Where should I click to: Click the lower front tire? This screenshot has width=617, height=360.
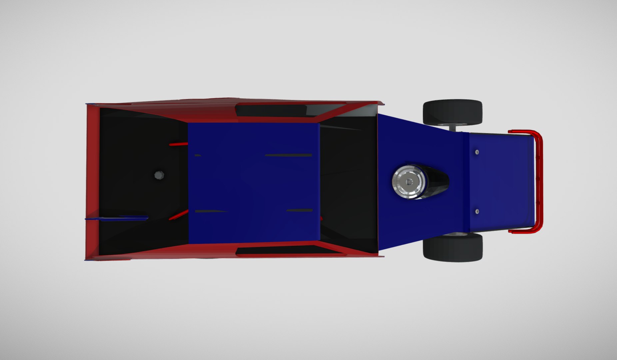pyautogui.click(x=452, y=247)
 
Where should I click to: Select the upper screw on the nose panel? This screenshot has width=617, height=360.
pyautogui.click(x=477, y=152)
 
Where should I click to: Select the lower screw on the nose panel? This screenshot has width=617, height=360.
pyautogui.click(x=477, y=211)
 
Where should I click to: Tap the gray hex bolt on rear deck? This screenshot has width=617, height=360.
pyautogui.click(x=159, y=175)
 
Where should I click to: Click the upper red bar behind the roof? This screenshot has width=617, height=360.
pyautogui.click(x=178, y=144)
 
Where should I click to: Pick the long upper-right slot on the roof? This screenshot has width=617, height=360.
pyautogui.click(x=288, y=155)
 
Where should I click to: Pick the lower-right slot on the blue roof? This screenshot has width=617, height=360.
pyautogui.click(x=299, y=210)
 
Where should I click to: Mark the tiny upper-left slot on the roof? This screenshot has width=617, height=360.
pyautogui.click(x=198, y=155)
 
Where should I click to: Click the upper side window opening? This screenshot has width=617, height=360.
pyautogui.click(x=272, y=110)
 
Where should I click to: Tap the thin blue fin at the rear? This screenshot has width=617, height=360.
pyautogui.click(x=117, y=219)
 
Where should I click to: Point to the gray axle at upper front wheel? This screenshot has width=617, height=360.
pyautogui.click(x=453, y=128)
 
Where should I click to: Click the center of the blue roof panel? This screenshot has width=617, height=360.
pyautogui.click(x=253, y=183)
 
